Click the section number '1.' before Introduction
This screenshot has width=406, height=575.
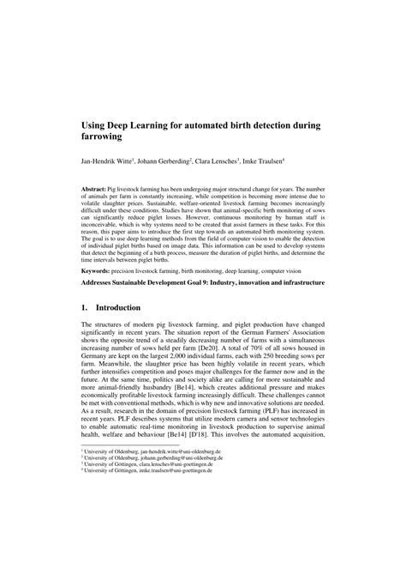click(87, 306)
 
